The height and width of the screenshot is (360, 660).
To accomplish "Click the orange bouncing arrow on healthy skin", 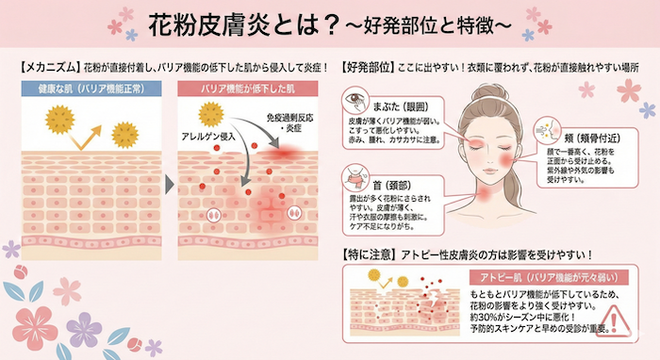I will tap(85, 131).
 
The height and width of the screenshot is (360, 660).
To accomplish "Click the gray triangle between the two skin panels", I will tap(170, 180).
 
